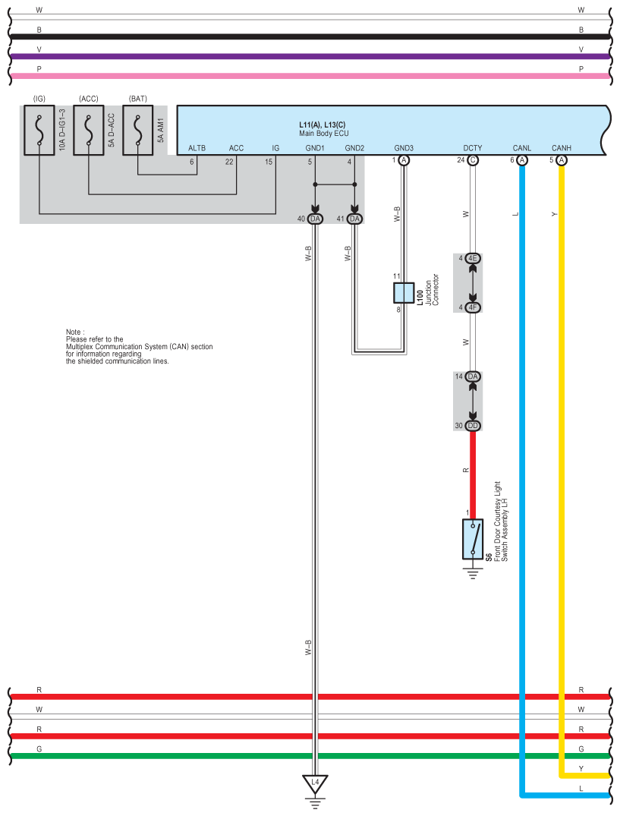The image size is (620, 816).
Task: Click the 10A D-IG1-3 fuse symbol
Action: click(39, 130)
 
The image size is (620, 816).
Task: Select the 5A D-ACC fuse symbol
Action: click(89, 130)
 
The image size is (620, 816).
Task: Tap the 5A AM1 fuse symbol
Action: click(138, 130)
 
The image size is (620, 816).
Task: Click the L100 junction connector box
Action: click(404, 292)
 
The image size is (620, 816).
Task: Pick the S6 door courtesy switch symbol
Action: click(473, 539)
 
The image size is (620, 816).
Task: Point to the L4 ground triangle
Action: click(316, 782)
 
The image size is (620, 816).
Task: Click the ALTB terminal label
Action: click(197, 148)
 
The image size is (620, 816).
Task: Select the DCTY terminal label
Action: click(473, 148)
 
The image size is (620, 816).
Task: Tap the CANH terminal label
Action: click(562, 148)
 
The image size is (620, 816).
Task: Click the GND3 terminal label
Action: click(404, 148)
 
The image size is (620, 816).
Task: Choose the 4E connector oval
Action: click(473, 259)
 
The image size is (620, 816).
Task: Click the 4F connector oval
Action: click(473, 307)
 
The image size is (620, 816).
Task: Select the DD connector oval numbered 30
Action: click(473, 426)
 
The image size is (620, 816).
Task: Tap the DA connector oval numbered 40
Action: click(316, 219)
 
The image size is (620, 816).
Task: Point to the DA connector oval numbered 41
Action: click(354, 219)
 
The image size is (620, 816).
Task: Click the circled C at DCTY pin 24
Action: click(473, 161)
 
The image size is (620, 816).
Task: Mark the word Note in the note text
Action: click(75, 332)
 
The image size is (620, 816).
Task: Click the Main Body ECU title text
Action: click(324, 133)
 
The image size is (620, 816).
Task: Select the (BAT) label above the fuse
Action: click(138, 99)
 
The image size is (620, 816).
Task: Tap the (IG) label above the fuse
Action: click(39, 99)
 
